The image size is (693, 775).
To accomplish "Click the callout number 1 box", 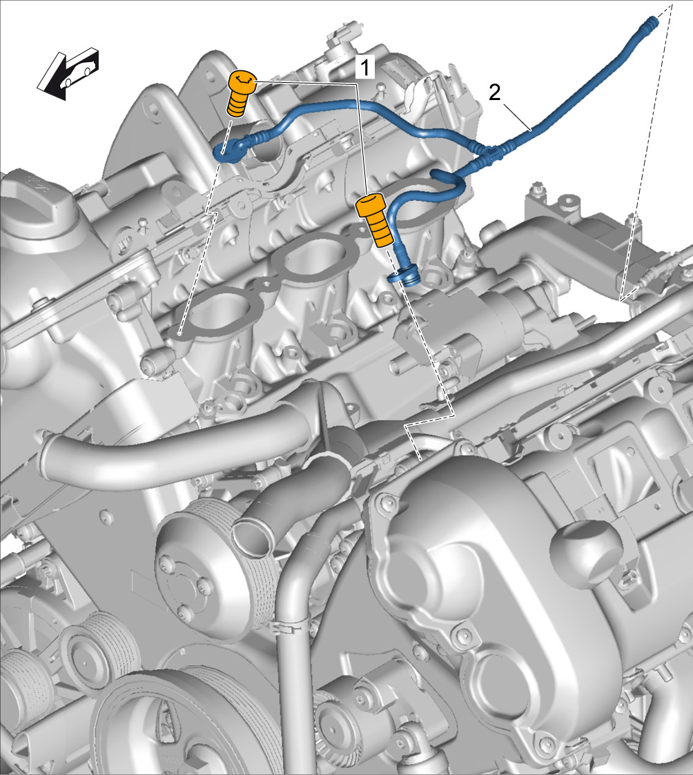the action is click(365, 67).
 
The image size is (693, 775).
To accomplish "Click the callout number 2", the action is click(494, 92).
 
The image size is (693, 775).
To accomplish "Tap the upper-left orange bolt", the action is click(242, 93).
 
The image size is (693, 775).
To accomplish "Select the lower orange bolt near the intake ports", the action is click(375, 219).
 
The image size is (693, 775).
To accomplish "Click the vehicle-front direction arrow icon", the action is click(68, 73).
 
